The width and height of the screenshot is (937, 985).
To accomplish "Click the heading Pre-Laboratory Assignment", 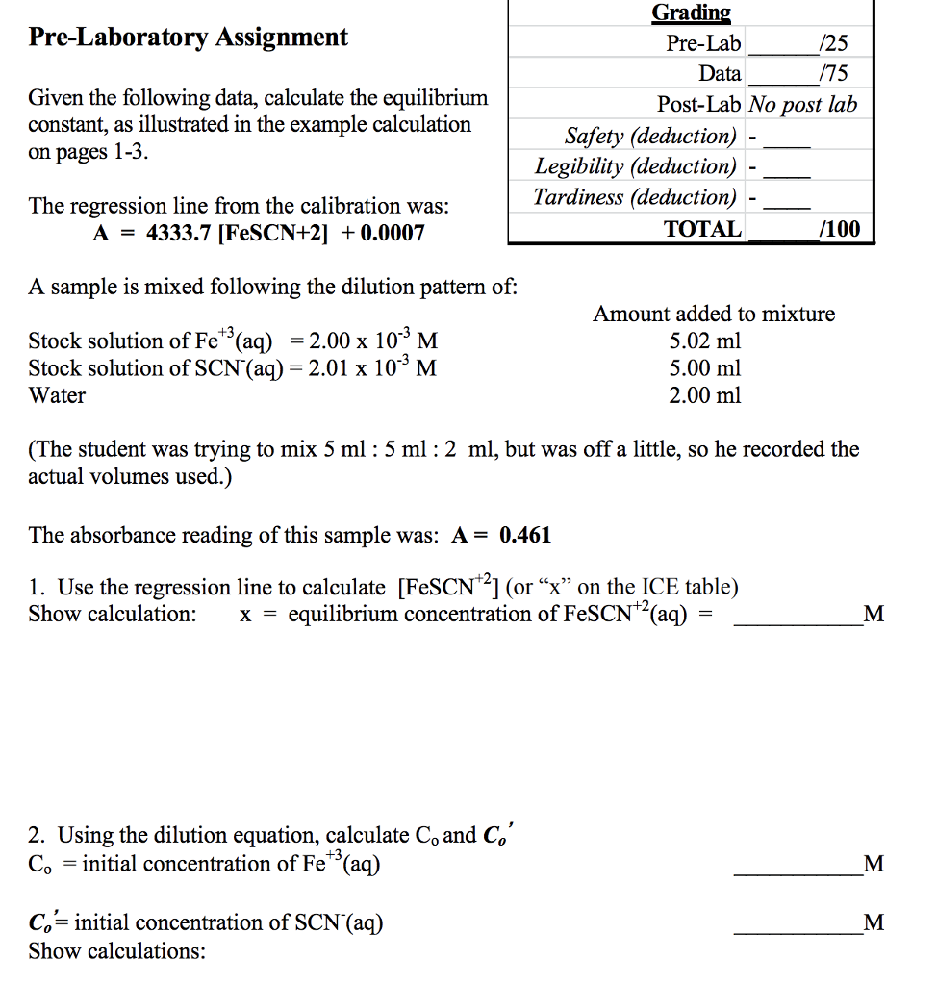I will pos(188,38).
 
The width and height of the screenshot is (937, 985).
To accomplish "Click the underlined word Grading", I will pos(691,13).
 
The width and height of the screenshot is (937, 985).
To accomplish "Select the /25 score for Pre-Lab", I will pos(830,43).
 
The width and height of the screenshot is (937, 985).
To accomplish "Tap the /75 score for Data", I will pos(830,74).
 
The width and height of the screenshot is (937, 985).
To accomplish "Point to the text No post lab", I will pos(802,105).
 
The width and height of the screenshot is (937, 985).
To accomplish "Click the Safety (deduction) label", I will pos(650,136).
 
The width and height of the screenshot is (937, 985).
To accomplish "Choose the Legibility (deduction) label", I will pos(636,166).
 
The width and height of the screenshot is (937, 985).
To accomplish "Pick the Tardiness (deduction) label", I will pos(636,197).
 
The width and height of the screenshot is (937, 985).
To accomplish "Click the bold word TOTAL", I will pos(703,229).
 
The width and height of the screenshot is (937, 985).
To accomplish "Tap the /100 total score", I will pos(839,229).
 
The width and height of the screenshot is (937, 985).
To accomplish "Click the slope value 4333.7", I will pos(177,233).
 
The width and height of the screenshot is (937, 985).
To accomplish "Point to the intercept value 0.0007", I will pos(392,233).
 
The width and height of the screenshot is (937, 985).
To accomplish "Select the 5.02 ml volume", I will pos(705,341).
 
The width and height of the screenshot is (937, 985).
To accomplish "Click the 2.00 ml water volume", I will pos(705,395).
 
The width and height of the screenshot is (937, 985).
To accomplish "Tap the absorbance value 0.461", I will pos(525,535).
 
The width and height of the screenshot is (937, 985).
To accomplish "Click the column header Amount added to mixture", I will pos(714,314).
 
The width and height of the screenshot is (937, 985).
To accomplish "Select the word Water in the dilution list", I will pos(57,395).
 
